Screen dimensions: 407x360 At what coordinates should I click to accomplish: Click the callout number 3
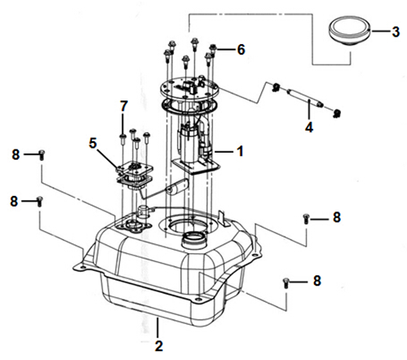(x=396, y=32)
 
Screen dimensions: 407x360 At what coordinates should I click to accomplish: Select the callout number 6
(x=241, y=50)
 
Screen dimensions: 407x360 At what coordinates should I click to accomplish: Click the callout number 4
(x=309, y=127)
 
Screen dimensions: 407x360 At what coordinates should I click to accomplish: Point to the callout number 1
(x=240, y=151)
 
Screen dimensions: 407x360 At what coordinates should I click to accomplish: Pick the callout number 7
(x=123, y=106)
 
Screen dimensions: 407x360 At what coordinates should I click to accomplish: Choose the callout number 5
(x=93, y=143)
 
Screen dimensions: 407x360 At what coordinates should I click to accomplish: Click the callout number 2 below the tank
(x=158, y=346)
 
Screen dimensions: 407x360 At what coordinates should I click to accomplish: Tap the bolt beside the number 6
(x=214, y=51)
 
